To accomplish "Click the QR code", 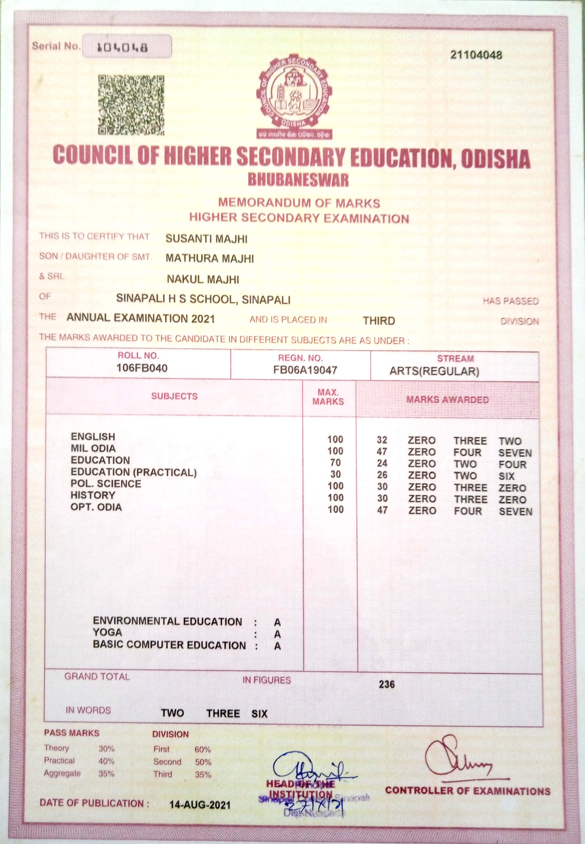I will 131,105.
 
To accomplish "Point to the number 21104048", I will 476,55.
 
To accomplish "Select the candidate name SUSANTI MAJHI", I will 206,239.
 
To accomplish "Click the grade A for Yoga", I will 278,634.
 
